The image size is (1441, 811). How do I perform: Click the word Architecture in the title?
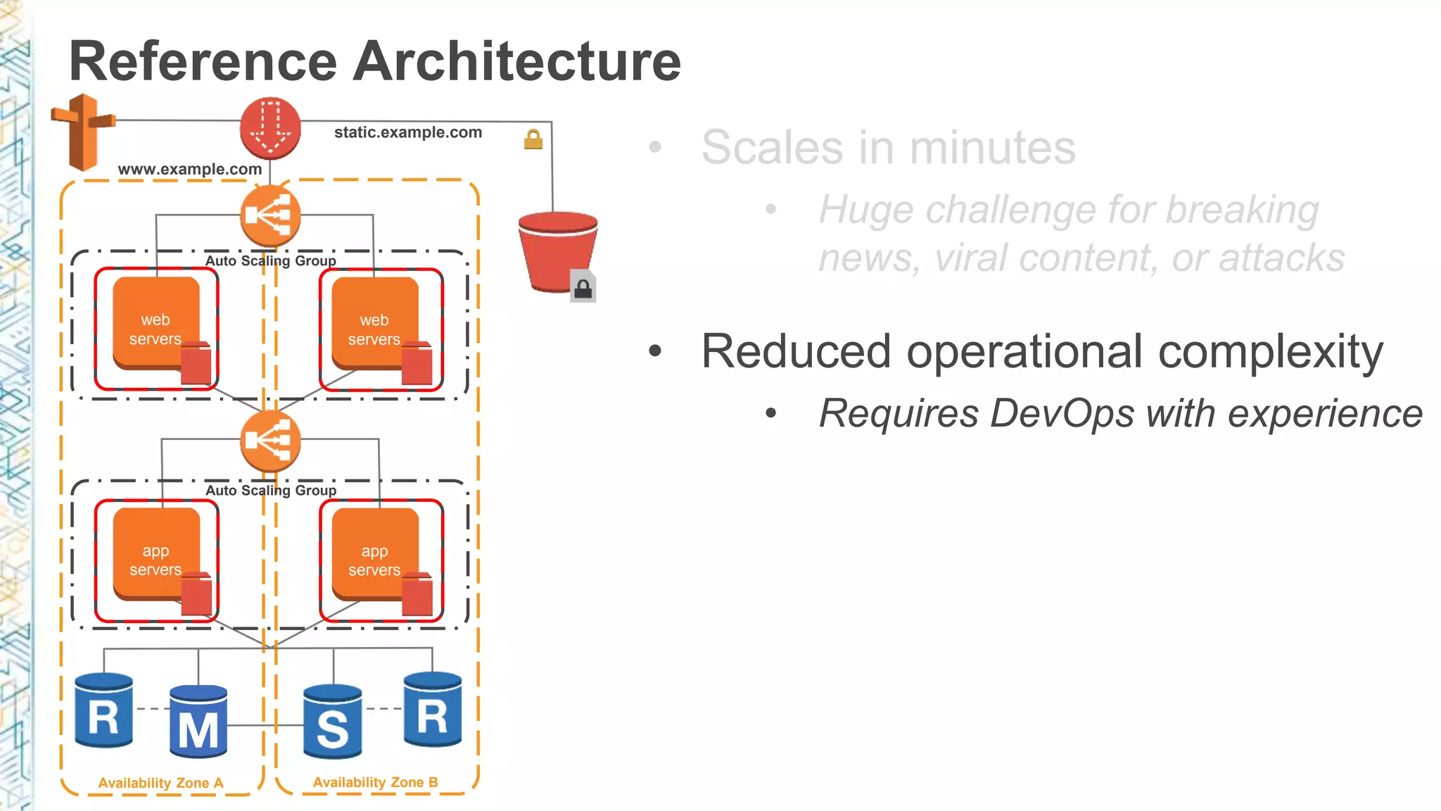[516, 61]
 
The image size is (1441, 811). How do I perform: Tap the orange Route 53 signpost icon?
[84, 132]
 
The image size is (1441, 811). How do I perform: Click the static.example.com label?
[408, 132]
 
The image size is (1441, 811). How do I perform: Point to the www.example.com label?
[190, 169]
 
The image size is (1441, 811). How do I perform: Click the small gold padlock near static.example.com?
[533, 139]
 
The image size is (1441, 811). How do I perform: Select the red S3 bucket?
[557, 250]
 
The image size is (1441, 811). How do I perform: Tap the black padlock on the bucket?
[583, 287]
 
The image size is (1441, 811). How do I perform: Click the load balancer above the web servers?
[270, 215]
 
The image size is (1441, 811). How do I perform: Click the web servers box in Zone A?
[156, 329]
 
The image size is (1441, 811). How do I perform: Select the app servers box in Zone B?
[376, 560]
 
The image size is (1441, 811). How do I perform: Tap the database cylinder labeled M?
[198, 722]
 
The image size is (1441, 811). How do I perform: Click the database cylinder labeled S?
[333, 722]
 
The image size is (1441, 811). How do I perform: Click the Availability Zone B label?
[376, 782]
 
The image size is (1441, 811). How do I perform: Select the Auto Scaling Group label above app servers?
[271, 490]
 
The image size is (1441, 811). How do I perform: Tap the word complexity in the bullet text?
[1271, 351]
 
